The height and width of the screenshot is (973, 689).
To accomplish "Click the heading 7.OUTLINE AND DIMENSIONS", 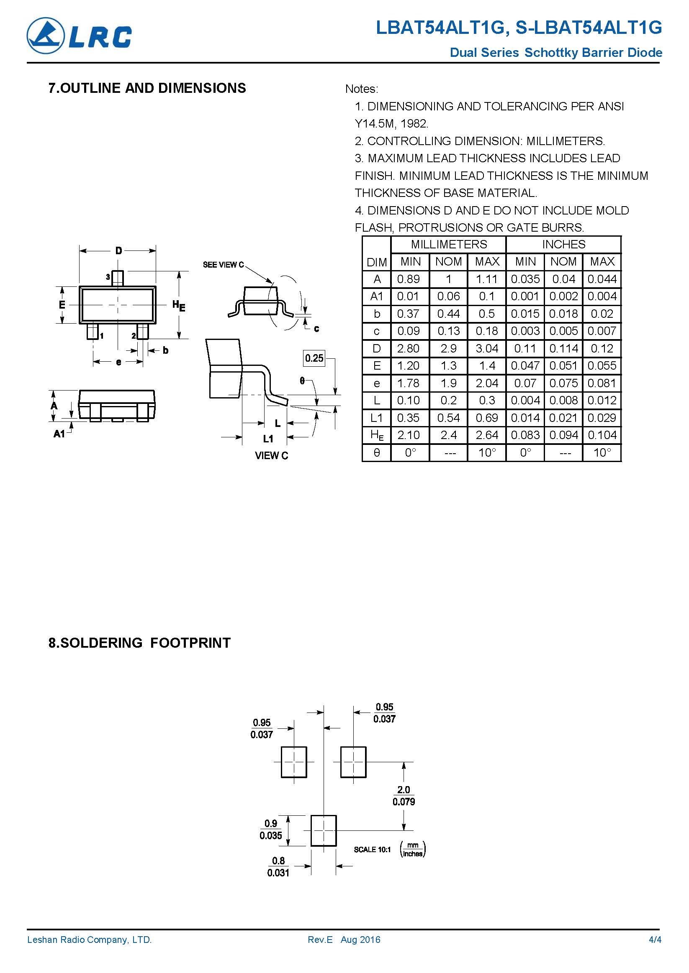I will point(147,88).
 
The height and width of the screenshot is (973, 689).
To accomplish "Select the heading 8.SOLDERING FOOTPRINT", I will point(139,642).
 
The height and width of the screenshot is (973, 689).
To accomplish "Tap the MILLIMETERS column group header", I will point(448,244).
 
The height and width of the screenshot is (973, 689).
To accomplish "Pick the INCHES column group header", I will point(563,244).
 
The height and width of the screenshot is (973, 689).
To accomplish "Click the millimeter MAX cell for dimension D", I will point(487,348).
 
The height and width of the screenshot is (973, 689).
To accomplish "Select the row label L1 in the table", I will point(376,418).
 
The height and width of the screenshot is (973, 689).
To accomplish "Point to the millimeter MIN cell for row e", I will point(408,383).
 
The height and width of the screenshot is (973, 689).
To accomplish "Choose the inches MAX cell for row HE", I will point(602,435).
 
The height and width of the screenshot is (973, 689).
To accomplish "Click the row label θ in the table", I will point(376,452).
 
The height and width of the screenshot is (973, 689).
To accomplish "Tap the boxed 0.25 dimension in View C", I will point(314,358).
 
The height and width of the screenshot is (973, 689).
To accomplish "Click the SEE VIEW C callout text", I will point(223,265).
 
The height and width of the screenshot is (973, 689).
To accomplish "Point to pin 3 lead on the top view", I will point(118,278).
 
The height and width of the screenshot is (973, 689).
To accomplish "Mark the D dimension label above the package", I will point(118,250).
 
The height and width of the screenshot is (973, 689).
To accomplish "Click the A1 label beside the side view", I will point(59,434).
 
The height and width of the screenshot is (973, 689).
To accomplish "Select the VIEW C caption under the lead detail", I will point(271,456).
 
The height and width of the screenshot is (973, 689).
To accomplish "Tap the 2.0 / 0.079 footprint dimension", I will point(404,795).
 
